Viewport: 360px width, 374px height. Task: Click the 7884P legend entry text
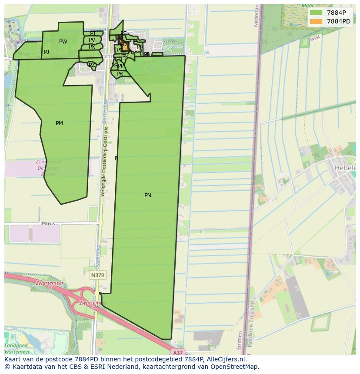tap(336, 13)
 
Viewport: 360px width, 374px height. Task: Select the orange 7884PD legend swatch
tap(316, 21)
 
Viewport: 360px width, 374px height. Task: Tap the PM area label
tap(59, 123)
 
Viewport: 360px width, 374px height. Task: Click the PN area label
tap(148, 195)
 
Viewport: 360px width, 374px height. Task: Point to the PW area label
tap(63, 42)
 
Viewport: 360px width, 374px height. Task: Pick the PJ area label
tap(47, 52)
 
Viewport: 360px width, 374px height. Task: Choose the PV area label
tap(92, 40)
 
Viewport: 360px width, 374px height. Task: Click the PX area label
tap(92, 47)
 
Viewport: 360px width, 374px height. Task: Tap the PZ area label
tap(91, 65)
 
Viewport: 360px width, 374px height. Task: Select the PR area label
tap(120, 74)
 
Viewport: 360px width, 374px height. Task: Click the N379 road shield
tap(98, 275)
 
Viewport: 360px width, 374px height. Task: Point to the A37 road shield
tap(177, 353)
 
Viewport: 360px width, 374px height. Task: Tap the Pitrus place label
tap(48, 224)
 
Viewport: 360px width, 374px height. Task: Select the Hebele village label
tap(345, 168)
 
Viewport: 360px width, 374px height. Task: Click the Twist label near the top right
tap(313, 39)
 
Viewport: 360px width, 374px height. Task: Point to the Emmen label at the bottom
tap(240, 340)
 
